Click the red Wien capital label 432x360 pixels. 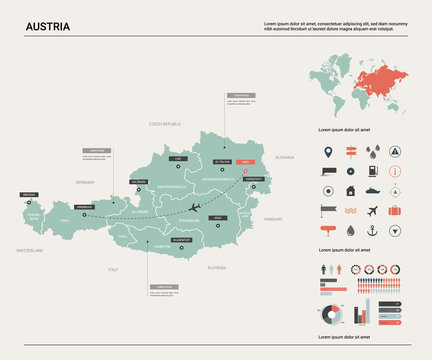[x=244, y=160]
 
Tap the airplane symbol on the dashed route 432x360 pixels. [x=196, y=207]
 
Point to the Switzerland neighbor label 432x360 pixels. [x=29, y=251]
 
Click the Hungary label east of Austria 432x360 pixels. [x=273, y=217]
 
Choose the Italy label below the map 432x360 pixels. [x=112, y=269]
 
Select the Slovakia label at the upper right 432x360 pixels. [x=284, y=157]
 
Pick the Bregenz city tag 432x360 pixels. [x=29, y=195]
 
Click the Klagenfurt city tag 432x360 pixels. [x=181, y=240]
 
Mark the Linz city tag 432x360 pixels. [x=179, y=158]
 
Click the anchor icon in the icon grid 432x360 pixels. [x=373, y=231]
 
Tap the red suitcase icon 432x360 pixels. [x=395, y=211]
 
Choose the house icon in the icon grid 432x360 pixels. [x=350, y=191]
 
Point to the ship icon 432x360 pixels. [x=373, y=191]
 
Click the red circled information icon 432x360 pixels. [x=395, y=171]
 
